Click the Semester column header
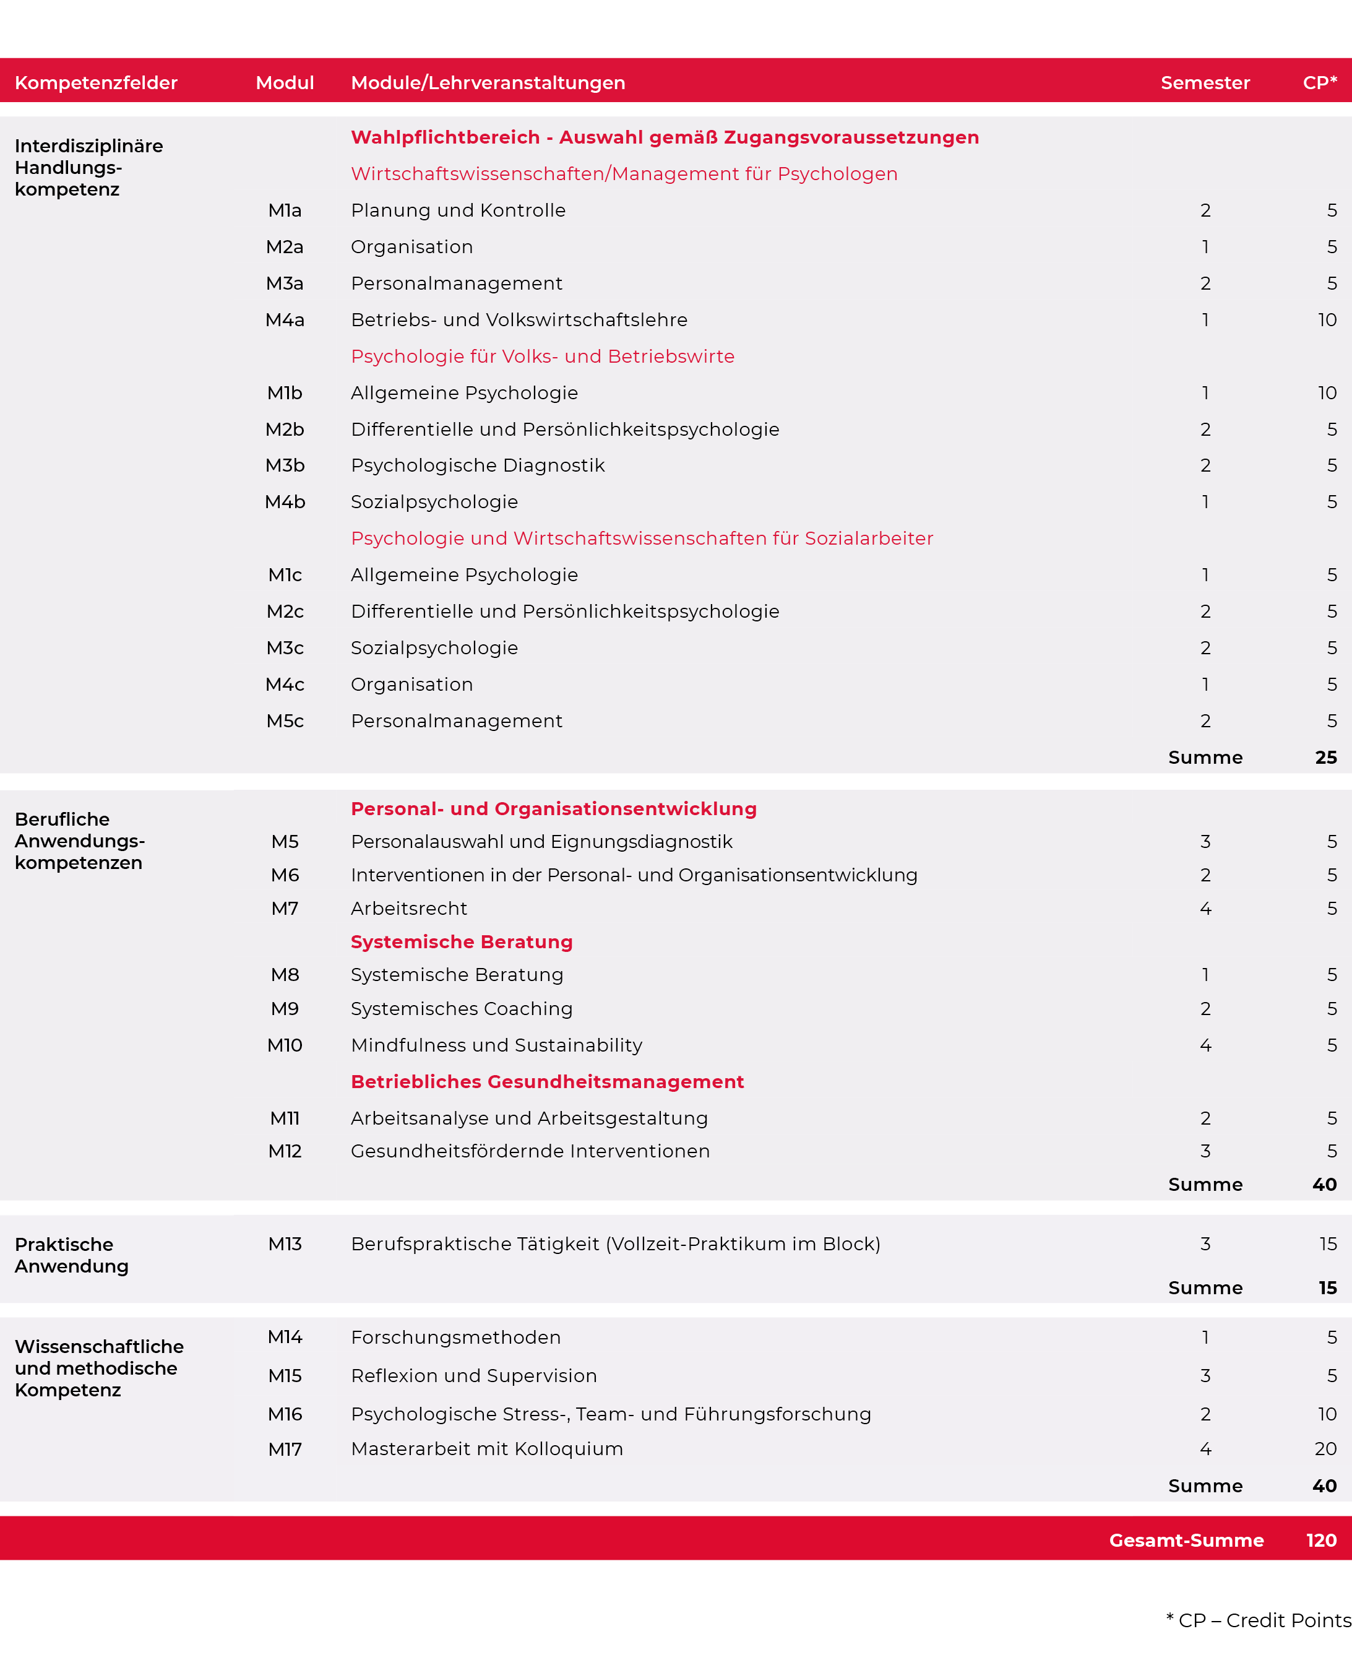coord(1204,82)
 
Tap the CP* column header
coord(1319,82)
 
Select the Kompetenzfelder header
coord(96,82)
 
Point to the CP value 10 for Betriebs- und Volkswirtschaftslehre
coord(1326,319)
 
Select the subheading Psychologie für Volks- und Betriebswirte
coord(542,356)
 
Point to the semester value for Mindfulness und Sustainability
coord(1205,1045)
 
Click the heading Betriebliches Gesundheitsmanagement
coord(547,1081)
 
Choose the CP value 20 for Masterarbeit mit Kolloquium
coord(1325,1449)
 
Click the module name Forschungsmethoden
coord(455,1338)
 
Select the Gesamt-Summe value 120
coord(1321,1540)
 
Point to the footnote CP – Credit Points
coord(1258,1620)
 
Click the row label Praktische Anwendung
coord(72,1255)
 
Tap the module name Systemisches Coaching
coord(461,1009)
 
